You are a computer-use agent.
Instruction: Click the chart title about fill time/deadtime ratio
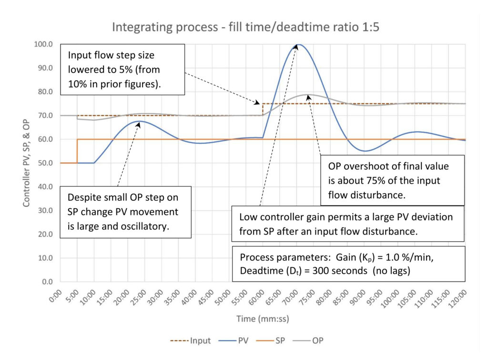245,27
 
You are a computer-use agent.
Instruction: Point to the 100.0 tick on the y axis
44,44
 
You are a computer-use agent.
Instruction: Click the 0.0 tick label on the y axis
46,282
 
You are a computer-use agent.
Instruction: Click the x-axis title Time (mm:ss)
262,318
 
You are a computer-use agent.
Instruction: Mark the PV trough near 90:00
365,151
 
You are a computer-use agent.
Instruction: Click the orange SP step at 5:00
77,151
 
